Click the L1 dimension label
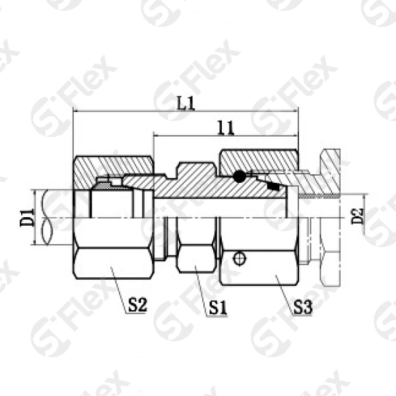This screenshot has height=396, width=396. click(x=185, y=103)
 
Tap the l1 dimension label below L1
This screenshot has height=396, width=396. click(x=226, y=128)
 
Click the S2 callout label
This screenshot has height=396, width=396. click(x=137, y=305)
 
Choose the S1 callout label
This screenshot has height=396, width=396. click(x=218, y=308)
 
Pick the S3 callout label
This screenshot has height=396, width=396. click(x=302, y=307)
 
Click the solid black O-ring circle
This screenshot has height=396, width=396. click(x=239, y=176)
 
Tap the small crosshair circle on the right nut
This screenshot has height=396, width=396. click(x=239, y=258)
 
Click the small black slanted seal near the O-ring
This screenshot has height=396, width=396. click(x=273, y=186)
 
